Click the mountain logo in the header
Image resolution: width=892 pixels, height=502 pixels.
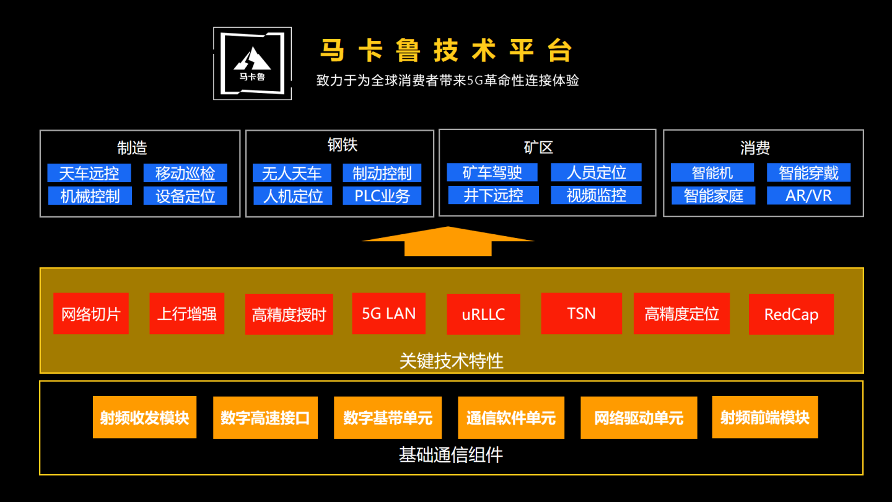tap(252, 63)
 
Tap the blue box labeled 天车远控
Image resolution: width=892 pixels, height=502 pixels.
tap(89, 173)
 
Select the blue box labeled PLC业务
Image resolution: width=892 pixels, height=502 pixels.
tap(382, 196)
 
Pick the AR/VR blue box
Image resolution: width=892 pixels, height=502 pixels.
tap(808, 196)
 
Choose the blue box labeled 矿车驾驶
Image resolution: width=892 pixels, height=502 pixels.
tap(492, 172)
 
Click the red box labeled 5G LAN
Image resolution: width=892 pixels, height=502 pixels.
tap(388, 314)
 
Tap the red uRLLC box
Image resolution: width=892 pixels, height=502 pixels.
tap(483, 314)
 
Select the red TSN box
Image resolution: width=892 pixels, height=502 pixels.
tap(581, 314)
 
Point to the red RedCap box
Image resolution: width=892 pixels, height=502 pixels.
tap(791, 314)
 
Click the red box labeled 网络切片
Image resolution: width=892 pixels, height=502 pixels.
tap(90, 314)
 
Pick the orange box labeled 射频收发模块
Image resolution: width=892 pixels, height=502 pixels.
tap(144, 417)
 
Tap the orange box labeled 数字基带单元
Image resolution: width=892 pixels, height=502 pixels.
tap(388, 418)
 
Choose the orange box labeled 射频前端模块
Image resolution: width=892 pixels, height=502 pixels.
tap(764, 417)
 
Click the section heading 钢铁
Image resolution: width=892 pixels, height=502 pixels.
tap(343, 145)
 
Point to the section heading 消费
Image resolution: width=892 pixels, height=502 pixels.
tap(754, 148)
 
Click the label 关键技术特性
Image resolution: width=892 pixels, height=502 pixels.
tap(451, 361)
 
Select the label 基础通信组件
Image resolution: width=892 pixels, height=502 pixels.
tap(451, 456)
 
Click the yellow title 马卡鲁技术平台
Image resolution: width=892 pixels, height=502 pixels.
tap(446, 51)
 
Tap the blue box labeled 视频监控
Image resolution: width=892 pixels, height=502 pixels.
tap(596, 195)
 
